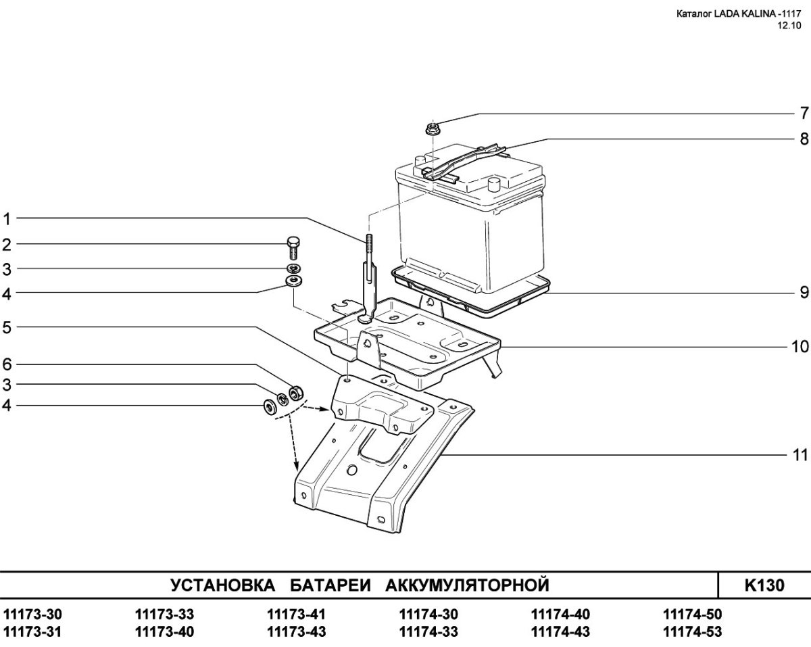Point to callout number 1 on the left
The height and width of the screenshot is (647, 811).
click(7, 218)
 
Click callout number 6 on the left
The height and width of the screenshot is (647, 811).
click(7, 364)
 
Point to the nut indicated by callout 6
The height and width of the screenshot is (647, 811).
click(295, 392)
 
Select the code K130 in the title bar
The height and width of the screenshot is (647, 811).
click(764, 584)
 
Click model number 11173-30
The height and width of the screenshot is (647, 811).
click(32, 615)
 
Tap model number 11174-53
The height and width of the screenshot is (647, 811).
click(693, 632)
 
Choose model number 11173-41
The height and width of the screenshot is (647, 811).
click(297, 615)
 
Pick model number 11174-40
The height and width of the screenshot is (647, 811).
click(560, 615)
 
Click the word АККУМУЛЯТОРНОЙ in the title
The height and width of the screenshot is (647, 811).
click(466, 584)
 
